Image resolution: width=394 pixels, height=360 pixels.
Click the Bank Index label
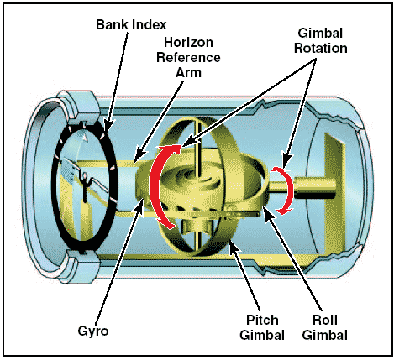tap(131, 24)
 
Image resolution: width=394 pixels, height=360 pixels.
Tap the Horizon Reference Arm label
tap(188, 57)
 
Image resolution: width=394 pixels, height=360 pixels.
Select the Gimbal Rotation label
tap(320, 40)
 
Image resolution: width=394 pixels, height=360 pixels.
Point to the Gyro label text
tap(93, 331)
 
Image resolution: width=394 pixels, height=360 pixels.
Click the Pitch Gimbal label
tap(262, 327)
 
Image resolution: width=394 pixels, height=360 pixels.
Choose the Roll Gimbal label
tap(325, 327)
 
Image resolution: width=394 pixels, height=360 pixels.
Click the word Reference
tap(188, 57)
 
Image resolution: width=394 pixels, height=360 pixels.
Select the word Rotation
tap(320, 48)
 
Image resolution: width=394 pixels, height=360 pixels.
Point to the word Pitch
tap(262, 320)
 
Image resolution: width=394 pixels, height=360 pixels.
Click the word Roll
tap(325, 320)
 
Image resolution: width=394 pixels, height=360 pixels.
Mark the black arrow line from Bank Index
tap(116, 81)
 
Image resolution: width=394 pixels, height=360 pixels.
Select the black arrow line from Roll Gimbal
tap(292, 258)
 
